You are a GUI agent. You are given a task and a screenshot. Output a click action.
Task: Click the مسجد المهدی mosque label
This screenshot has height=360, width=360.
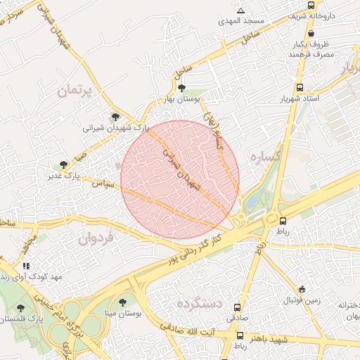click(241, 21)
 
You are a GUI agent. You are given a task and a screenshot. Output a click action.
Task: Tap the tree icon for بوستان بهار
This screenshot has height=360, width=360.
click(182, 88)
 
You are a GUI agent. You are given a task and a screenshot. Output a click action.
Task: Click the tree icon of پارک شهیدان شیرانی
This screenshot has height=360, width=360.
click(115, 117)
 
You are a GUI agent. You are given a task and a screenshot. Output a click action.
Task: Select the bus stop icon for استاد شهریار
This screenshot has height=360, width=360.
click(301, 88)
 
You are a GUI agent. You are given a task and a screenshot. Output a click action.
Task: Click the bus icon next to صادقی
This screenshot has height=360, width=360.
click(237, 308)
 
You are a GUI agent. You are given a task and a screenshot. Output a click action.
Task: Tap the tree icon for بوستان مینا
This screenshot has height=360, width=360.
click(122, 302)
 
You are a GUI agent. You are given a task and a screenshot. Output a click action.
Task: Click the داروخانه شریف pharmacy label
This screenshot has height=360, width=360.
click(334, 15)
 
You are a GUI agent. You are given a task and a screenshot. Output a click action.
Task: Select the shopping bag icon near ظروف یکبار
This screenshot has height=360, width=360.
click(311, 33)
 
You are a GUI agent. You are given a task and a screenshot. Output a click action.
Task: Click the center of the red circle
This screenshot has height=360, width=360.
click(180, 179)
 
